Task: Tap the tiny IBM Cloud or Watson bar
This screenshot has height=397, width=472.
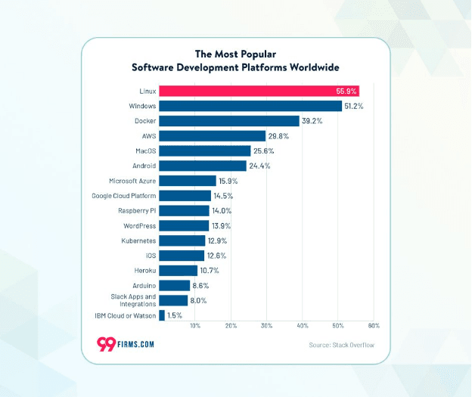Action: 162,315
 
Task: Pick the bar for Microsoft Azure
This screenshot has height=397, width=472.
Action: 188,181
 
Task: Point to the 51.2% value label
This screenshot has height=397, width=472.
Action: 354,107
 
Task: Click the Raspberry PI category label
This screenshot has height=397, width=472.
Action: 137,210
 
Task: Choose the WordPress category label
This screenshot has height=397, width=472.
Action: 139,225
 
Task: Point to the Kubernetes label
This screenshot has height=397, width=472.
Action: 138,240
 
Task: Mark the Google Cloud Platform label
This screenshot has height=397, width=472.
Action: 123,196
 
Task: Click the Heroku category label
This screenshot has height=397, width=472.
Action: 144,271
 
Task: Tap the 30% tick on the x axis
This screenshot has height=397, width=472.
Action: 266,325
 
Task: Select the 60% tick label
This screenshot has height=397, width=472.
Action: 373,325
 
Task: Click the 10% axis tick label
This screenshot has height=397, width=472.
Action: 195,325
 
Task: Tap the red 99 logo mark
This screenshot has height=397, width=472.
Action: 107,343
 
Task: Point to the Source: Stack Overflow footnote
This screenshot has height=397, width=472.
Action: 340,346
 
